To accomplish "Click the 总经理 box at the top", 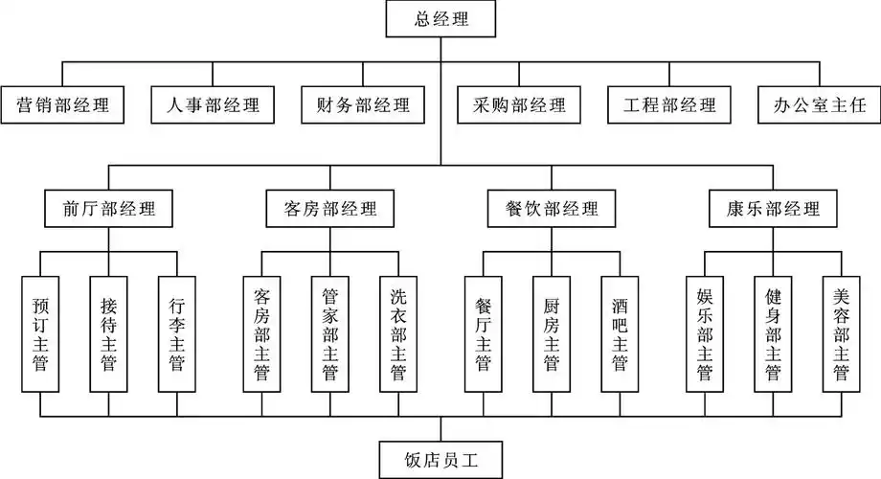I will pos(442,17).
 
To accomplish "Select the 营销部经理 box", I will pos(63,104).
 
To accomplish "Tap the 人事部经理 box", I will pos(213,104).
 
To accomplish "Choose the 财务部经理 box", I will pos(363,104).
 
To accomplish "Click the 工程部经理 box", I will pos(669,104).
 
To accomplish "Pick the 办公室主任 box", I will pos(819,104).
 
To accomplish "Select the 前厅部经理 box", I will pos(108,208).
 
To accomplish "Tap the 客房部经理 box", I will pos(330,208).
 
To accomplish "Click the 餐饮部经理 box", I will pos(551,208).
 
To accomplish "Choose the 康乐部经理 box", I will pos(773,208).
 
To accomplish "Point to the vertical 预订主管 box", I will pos(40,333).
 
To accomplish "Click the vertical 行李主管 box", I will pos(176,333).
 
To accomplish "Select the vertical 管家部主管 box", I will pos(330,333).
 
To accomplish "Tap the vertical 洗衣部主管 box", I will pos(398,333).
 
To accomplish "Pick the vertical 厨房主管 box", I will pos(551,333).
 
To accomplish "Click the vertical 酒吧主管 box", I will pos(620,333).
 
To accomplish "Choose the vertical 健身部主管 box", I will pos(773,333).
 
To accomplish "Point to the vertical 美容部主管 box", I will pos(842,333).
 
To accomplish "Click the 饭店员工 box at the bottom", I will pos(440,459).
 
